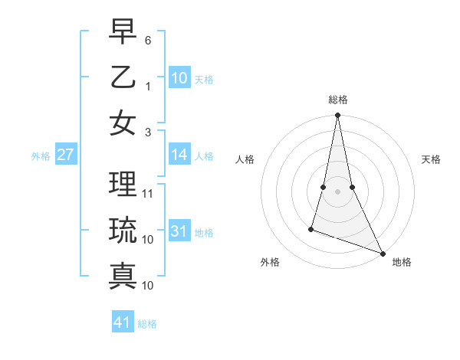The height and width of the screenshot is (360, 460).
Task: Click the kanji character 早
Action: click(123, 33)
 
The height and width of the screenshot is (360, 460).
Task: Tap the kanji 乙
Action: click(123, 77)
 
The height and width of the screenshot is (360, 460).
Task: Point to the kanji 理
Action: click(123, 184)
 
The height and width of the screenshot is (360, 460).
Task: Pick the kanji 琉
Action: click(123, 230)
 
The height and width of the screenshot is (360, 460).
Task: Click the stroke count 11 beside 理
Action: click(149, 194)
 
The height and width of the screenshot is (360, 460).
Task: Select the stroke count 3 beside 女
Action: click(148, 132)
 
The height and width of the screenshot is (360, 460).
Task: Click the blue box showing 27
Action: click(65, 155)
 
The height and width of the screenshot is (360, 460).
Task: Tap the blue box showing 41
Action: click(123, 323)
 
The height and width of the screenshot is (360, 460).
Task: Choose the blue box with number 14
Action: click(179, 155)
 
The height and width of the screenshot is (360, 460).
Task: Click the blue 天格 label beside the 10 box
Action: click(204, 80)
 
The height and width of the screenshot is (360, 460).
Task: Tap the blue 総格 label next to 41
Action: click(147, 324)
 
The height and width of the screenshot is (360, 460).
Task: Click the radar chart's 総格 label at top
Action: click(338, 100)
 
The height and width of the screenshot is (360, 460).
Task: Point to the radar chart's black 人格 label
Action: click(245, 159)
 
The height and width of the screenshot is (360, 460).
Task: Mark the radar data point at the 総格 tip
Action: click(337, 116)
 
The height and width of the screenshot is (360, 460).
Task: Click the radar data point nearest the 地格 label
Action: click(383, 253)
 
